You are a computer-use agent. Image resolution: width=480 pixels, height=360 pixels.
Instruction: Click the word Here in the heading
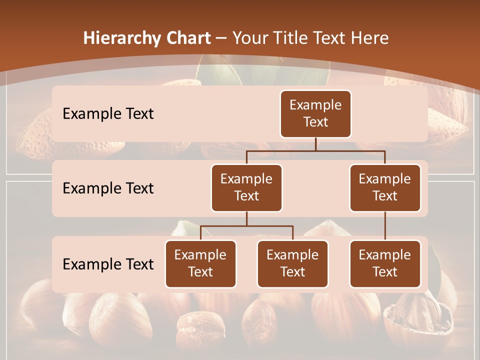coord(369,38)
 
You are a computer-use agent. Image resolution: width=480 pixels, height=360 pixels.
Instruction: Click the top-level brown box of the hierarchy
coord(315,113)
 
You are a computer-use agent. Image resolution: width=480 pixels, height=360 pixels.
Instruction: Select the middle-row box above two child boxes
coord(246,187)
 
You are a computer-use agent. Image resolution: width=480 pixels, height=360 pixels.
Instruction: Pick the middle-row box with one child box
coord(385,187)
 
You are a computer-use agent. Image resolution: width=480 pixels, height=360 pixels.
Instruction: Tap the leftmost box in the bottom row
coord(200,263)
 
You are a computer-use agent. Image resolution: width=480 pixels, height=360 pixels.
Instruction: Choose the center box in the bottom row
coord(292,263)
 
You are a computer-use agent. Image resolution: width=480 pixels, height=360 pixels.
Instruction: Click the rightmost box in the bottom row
coord(385,263)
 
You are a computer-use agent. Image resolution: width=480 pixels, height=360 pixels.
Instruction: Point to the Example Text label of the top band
coord(108,113)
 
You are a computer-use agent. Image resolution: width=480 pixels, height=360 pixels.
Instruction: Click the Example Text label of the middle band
coord(108,188)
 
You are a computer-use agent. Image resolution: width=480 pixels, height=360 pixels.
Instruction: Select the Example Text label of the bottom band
coord(108,264)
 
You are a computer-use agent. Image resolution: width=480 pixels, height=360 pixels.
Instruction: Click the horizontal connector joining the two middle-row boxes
coord(315,150)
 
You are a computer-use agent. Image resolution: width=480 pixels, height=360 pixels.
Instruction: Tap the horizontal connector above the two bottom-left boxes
coord(246,226)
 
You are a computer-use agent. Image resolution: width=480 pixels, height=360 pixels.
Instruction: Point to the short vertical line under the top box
coord(315,144)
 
